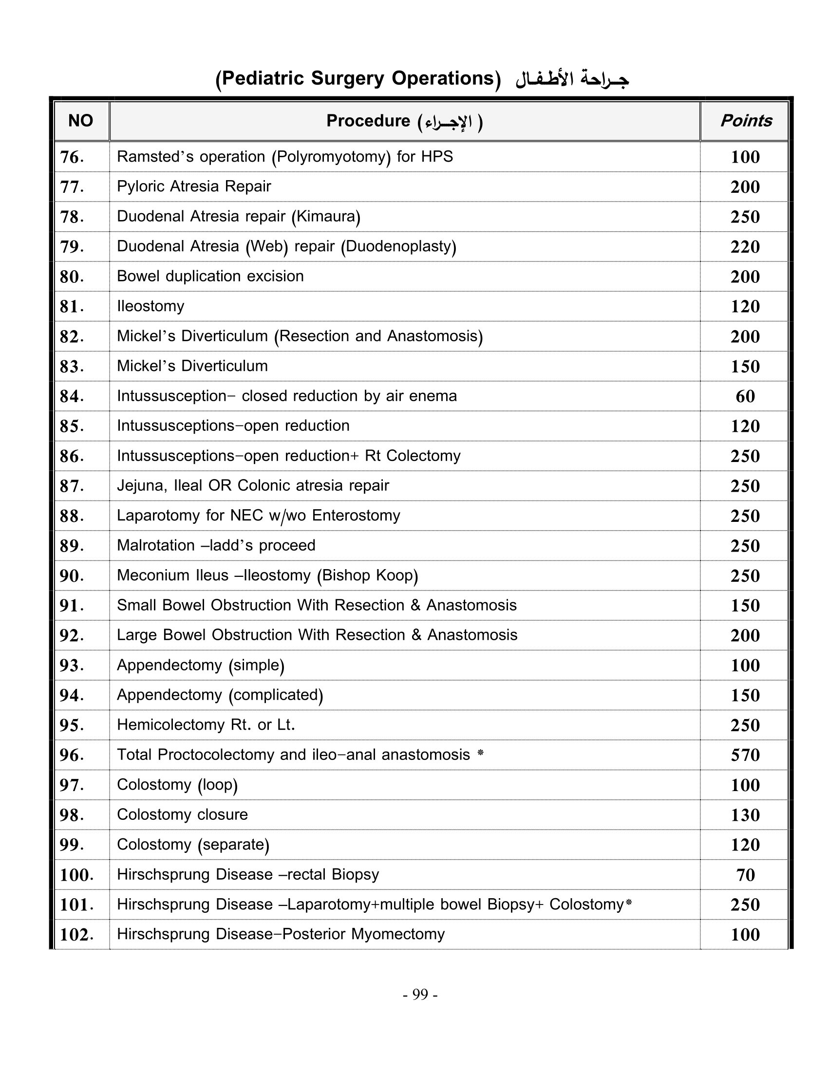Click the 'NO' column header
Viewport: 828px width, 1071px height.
(x=80, y=121)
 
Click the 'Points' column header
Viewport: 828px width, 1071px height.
(x=746, y=121)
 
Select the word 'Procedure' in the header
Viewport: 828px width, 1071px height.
(x=368, y=121)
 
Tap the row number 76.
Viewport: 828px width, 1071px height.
(x=72, y=157)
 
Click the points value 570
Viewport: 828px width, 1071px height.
(x=745, y=755)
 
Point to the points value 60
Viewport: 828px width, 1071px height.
(x=745, y=396)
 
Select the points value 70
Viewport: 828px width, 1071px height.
(x=745, y=875)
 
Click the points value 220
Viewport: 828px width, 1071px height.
(x=745, y=247)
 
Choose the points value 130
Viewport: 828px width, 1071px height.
(x=745, y=815)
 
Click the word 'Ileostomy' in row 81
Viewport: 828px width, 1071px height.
(x=151, y=306)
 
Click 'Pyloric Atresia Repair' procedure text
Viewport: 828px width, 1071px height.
(x=194, y=186)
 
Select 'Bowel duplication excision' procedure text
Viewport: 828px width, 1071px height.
(x=210, y=276)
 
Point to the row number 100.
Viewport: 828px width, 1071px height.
(x=76, y=875)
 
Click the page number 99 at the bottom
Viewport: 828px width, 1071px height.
(x=420, y=994)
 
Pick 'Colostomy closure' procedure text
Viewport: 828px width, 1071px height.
(x=182, y=814)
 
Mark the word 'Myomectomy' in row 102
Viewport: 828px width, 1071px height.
(x=398, y=934)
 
